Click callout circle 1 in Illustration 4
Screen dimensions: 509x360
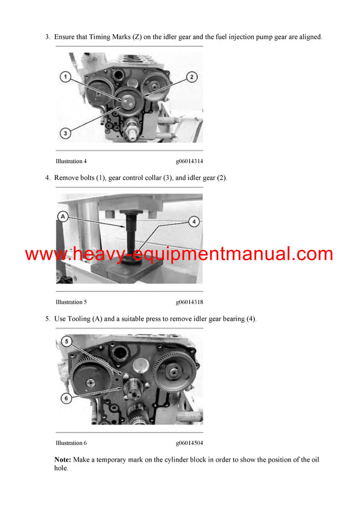(x=65, y=77)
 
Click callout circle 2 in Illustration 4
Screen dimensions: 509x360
(x=191, y=77)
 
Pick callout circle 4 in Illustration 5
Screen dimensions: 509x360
(x=194, y=221)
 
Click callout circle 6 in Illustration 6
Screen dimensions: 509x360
(x=67, y=397)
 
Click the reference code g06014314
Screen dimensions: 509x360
(x=189, y=161)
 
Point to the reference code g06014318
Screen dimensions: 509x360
(x=189, y=302)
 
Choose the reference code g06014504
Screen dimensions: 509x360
(x=189, y=443)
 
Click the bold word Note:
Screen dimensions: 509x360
(x=62, y=459)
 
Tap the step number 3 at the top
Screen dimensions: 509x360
(x=47, y=37)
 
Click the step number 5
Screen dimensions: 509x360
(x=47, y=319)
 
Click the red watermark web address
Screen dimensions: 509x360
(x=179, y=254)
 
